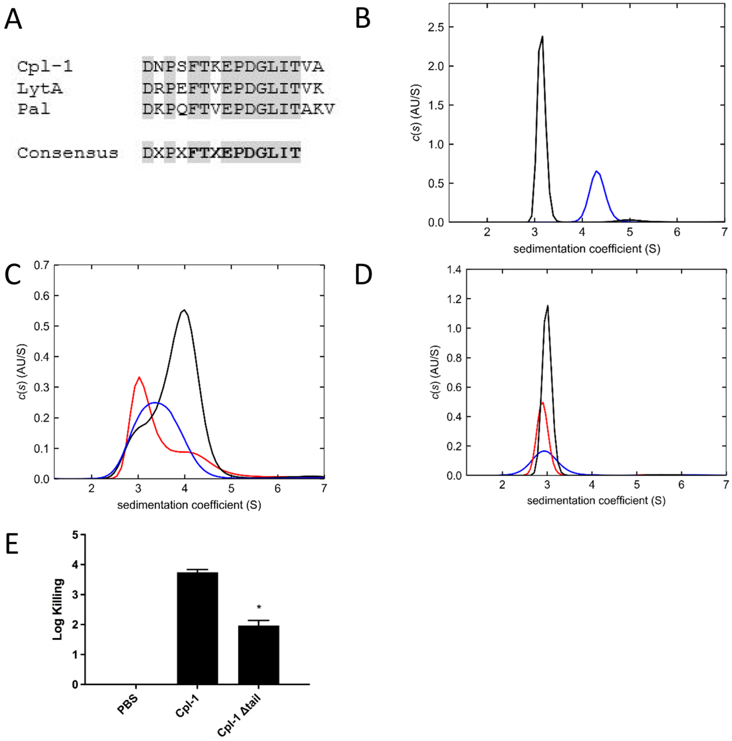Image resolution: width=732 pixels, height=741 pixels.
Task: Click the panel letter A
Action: click(x=13, y=19)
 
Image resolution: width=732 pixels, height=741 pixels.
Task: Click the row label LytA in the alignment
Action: click(x=40, y=89)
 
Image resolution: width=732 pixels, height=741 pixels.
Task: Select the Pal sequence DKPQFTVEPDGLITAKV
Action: click(x=238, y=109)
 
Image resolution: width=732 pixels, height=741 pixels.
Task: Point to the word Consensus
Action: click(x=68, y=153)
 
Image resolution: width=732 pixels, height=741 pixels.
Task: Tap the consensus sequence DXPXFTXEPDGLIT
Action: click(x=221, y=153)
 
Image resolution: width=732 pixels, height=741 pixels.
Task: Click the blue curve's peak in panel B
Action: click(x=596, y=171)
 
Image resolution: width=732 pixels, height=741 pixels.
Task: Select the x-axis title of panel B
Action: click(x=586, y=249)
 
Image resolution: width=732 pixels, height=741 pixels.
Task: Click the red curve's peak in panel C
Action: click(x=139, y=377)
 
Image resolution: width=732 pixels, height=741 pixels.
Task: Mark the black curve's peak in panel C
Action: click(x=184, y=310)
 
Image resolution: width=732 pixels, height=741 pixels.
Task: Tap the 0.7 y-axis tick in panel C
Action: click(x=41, y=266)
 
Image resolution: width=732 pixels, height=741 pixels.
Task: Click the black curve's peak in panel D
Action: click(x=548, y=306)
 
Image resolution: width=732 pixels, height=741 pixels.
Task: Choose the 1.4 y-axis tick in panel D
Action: click(x=453, y=270)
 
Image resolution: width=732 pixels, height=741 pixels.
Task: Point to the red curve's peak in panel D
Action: click(x=542, y=403)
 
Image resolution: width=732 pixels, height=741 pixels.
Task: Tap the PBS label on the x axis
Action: click(x=128, y=705)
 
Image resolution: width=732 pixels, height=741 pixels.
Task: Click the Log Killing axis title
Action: click(x=58, y=609)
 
